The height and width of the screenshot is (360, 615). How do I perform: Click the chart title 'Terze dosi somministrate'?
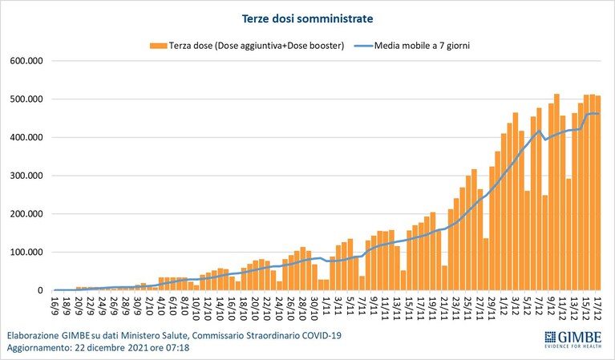[x=307, y=18]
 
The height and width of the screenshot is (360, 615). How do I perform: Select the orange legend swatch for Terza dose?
[x=159, y=46]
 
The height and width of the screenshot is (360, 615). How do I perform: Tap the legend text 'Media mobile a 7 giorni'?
[x=422, y=46]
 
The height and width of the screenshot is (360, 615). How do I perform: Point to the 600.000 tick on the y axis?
[x=26, y=61]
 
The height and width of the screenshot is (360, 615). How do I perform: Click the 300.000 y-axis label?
[x=26, y=176]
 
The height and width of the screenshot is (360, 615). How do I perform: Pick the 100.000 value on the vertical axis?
[x=26, y=252]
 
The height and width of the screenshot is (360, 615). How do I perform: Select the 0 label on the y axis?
[x=40, y=290]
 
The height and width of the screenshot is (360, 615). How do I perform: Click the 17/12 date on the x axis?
[x=597, y=308]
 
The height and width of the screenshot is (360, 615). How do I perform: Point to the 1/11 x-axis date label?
[x=326, y=306]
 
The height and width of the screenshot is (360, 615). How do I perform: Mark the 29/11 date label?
[x=491, y=308]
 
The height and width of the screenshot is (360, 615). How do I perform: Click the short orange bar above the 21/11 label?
[x=444, y=278]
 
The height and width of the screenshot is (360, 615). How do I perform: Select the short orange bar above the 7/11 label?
[x=362, y=283]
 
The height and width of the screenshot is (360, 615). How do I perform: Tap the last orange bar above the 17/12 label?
[x=598, y=193]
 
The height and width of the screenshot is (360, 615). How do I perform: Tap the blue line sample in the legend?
[x=363, y=46]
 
